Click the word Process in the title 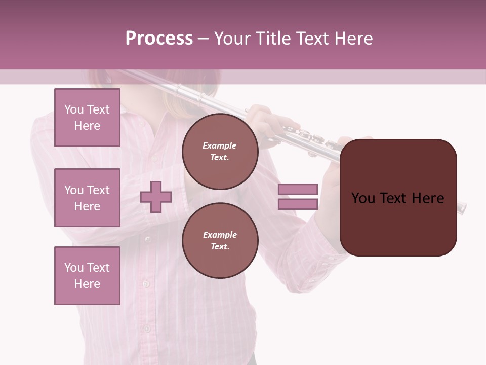click(159, 39)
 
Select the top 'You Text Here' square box click(87, 118)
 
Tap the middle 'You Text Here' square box click(87, 198)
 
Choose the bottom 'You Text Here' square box click(87, 276)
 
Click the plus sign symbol click(156, 197)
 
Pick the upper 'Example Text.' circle click(220, 152)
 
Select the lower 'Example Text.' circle click(220, 240)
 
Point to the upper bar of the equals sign click(298, 189)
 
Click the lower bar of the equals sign click(298, 204)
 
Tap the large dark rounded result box click(398, 198)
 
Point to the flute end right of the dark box click(461, 207)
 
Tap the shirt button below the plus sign click(147, 239)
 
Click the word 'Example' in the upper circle click(220, 145)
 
